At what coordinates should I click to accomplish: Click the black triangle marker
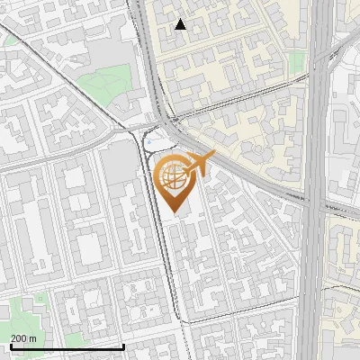pyautogui.click(x=181, y=24)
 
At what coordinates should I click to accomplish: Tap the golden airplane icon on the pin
pyautogui.click(x=201, y=162)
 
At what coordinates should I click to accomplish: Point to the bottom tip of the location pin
pyautogui.click(x=173, y=211)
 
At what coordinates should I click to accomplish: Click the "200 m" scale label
pyautogui.click(x=23, y=337)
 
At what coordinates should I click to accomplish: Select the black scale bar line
pyautogui.click(x=67, y=346)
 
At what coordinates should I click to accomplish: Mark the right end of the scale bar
pyautogui.click(x=123, y=346)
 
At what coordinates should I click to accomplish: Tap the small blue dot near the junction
pyautogui.click(x=150, y=141)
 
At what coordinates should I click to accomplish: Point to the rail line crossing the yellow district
pyautogui.click(x=243, y=107)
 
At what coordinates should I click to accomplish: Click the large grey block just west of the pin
pyautogui.click(x=117, y=166)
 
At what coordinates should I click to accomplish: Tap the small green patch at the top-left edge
pyautogui.click(x=7, y=40)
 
